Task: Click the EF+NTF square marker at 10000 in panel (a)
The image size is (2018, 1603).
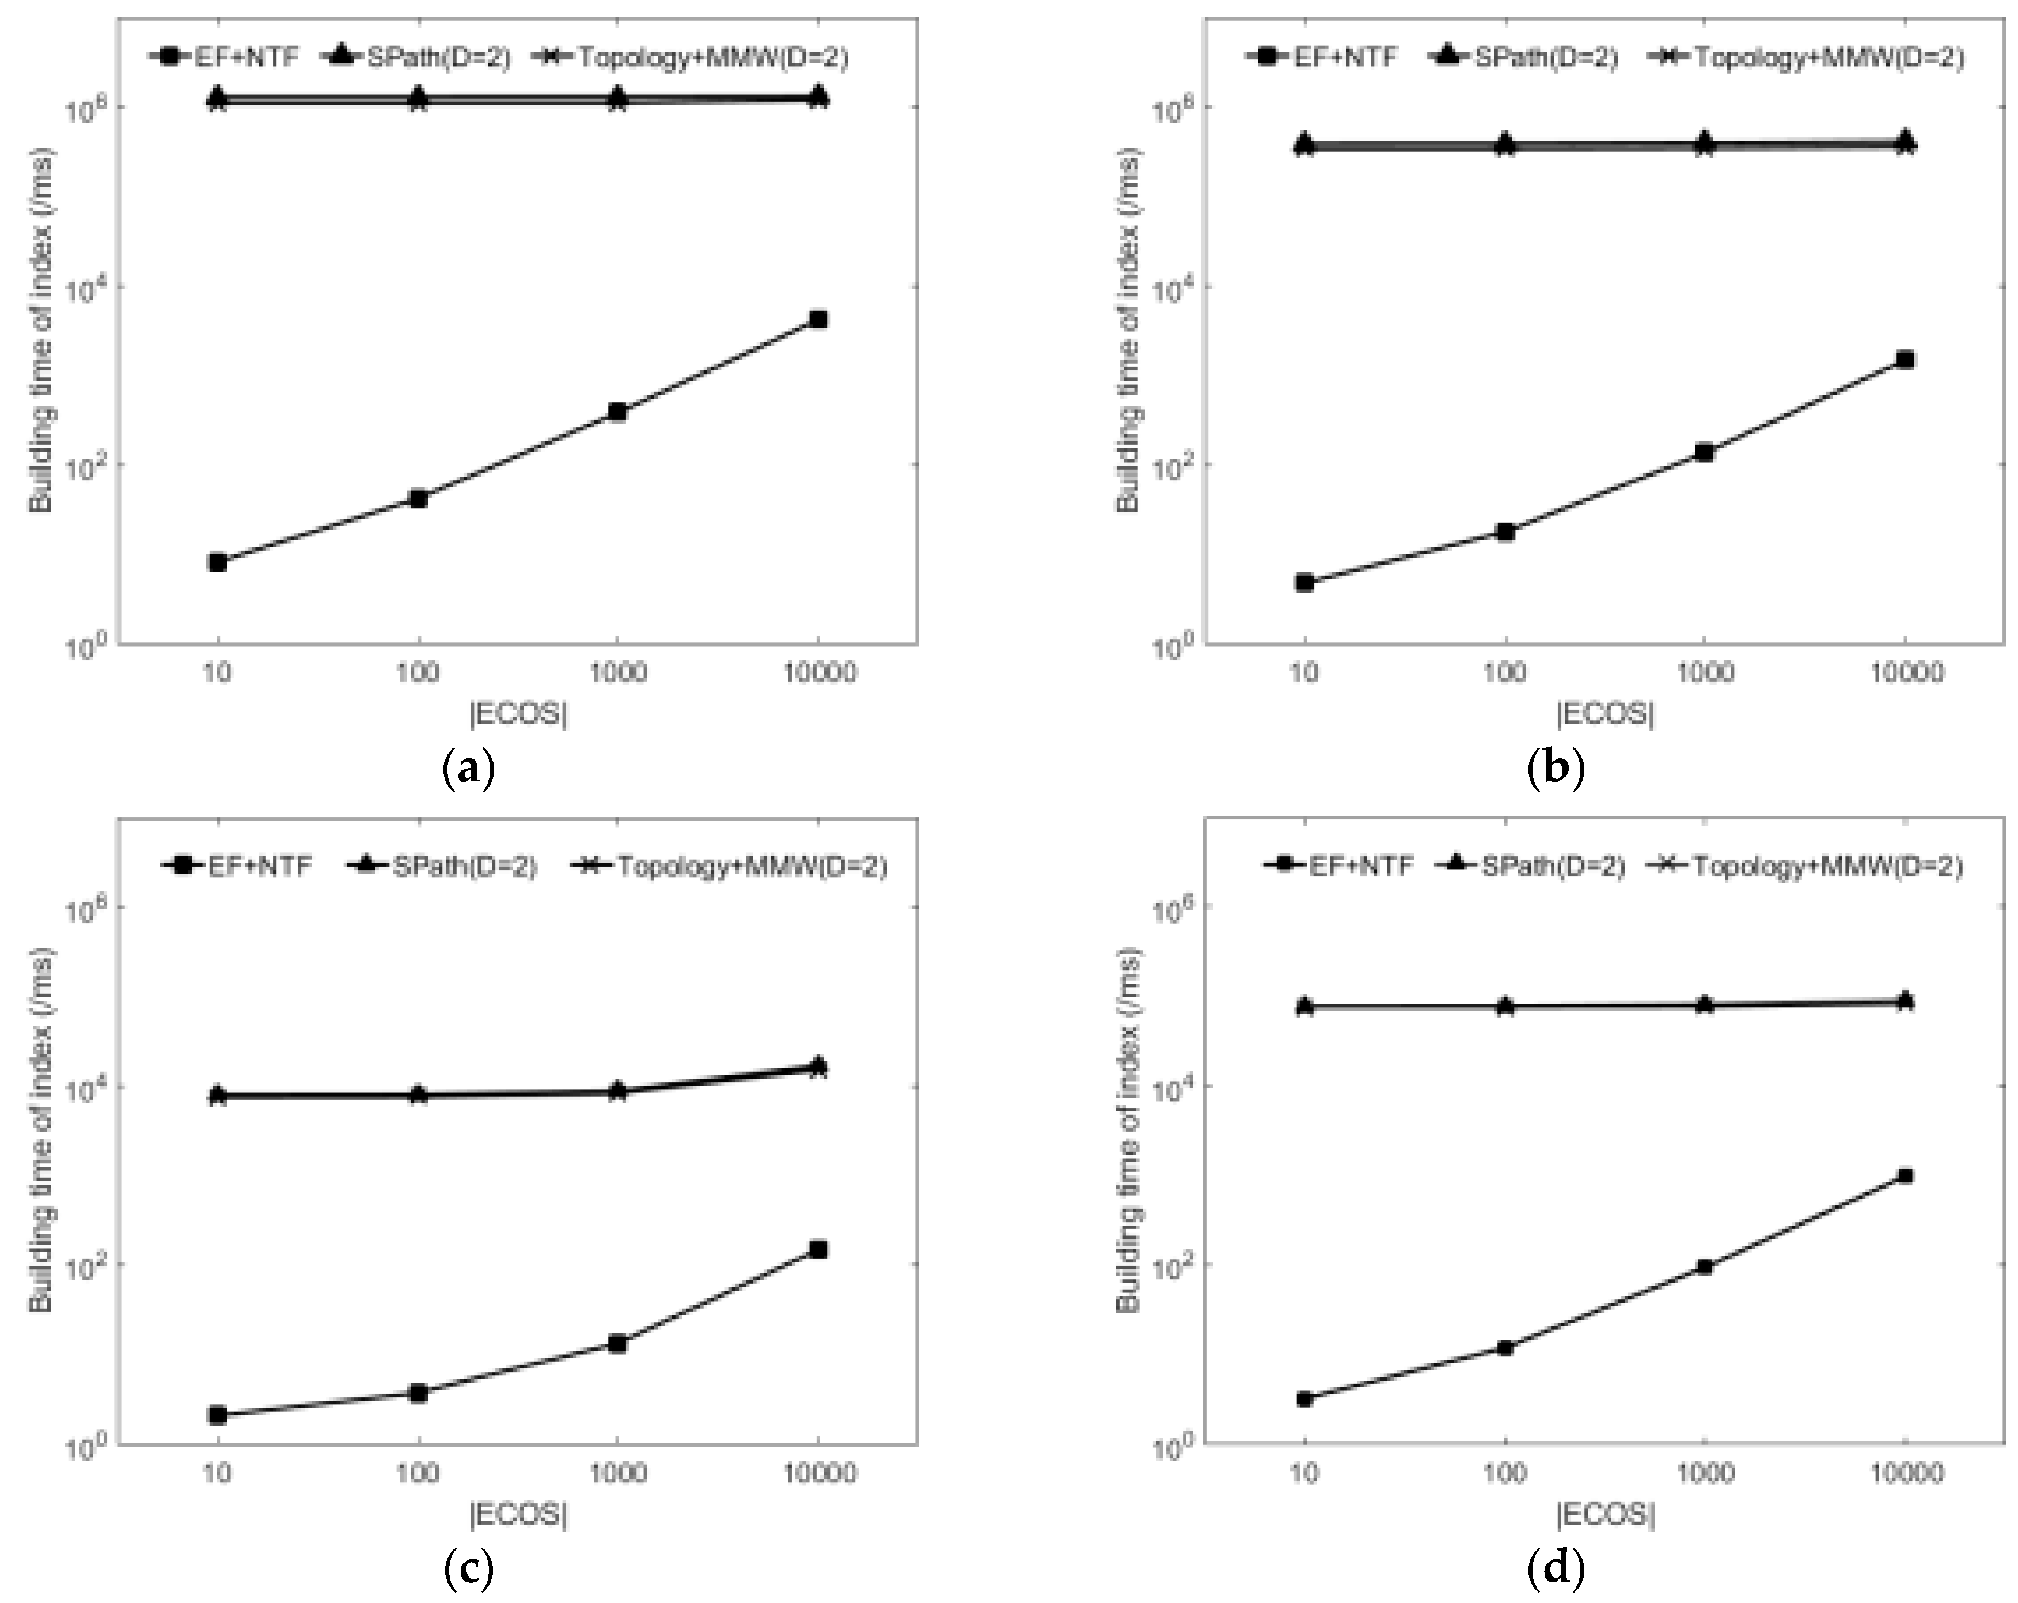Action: (x=818, y=319)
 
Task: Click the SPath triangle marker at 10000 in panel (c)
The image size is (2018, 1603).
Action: (x=818, y=1065)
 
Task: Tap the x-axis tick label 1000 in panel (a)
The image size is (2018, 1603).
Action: (x=617, y=672)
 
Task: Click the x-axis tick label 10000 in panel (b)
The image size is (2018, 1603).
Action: (x=1906, y=672)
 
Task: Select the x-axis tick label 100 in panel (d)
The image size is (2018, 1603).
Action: (x=1505, y=1473)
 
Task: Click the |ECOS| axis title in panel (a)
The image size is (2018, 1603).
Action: (x=518, y=713)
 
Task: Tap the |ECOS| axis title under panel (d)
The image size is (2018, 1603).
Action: (x=1605, y=1515)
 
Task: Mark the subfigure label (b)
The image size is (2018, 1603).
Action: (x=1556, y=770)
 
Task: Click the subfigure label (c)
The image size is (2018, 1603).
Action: (x=468, y=1570)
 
